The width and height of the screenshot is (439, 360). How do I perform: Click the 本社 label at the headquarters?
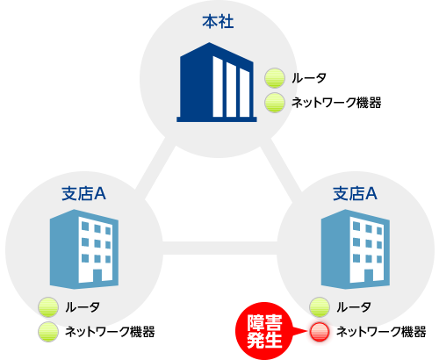point(218,22)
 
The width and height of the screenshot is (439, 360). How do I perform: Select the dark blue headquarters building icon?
point(217,83)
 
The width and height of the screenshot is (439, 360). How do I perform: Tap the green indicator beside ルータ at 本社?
point(275,78)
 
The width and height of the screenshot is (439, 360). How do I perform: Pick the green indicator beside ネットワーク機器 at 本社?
point(275,103)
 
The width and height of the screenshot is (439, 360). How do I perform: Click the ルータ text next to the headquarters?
point(309,78)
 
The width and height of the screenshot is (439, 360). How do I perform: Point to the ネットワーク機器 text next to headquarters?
point(336,103)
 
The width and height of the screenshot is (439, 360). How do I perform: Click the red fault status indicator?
point(320,332)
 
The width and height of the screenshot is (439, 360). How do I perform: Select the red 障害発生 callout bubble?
point(264,331)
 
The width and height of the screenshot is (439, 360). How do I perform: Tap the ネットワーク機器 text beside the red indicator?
point(381,332)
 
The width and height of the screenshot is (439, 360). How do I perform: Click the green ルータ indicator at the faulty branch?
point(320,307)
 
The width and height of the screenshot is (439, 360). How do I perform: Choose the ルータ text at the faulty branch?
point(354,307)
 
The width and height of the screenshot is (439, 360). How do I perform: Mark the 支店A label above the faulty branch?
point(355,193)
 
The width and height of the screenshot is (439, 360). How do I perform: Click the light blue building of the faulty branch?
point(356,249)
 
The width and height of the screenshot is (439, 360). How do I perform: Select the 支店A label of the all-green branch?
point(83,193)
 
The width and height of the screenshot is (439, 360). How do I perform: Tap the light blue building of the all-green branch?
point(84,249)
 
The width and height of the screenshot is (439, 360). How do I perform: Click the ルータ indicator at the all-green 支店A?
point(48,307)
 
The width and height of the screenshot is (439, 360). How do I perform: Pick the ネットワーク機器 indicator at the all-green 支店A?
point(48,332)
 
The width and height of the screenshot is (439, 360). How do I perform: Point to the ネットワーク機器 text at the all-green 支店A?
point(110,332)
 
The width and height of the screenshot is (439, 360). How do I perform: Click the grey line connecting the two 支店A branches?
point(219,248)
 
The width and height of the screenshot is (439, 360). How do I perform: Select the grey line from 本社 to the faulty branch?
point(280,169)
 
